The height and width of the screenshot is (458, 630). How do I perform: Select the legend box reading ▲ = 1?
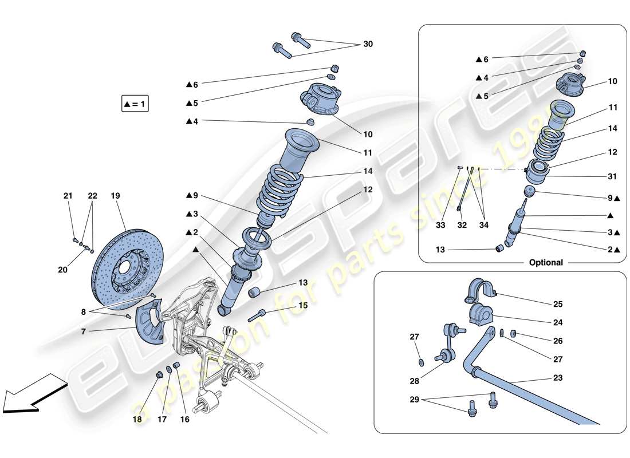tap(135, 104)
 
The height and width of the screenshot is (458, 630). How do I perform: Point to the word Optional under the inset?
tap(546, 263)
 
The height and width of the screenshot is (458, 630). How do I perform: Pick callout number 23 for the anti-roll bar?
tap(558, 378)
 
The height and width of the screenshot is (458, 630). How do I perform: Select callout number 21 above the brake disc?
tap(68, 196)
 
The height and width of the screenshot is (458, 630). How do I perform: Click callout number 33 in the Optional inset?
tap(440, 226)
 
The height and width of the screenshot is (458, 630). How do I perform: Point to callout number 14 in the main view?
tap(367, 171)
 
